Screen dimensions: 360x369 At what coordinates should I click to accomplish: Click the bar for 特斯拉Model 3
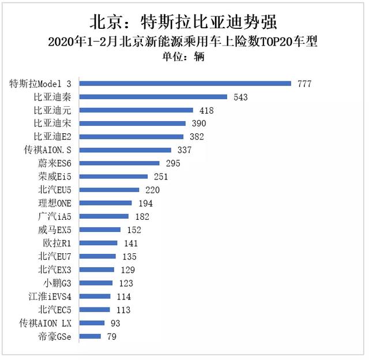pos(184,84)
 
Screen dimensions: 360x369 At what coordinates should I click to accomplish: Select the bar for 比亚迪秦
pos(153,97)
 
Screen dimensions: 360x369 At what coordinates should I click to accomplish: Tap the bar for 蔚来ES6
pos(119,163)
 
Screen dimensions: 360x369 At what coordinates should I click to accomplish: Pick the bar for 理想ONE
pos(105,203)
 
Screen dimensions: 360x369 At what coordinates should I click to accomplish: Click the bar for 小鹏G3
pos(96,283)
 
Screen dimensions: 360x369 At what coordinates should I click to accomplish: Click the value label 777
pos(304,84)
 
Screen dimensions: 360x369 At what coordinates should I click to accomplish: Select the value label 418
pos(206,110)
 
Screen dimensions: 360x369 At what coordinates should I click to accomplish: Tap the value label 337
pos(201,150)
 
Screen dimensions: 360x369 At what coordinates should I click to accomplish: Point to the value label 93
pos(114,322)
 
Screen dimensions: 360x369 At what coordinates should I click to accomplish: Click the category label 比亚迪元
pos(52,110)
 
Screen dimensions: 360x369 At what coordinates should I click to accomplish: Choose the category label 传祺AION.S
pos(46,150)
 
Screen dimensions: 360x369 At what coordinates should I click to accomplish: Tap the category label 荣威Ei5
pos(55,177)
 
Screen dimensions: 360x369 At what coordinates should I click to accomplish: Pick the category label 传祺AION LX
pos(46,322)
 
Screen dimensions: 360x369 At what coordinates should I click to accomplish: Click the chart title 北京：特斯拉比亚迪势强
pos(183,22)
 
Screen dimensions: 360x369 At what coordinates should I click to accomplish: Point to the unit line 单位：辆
pos(183,57)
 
